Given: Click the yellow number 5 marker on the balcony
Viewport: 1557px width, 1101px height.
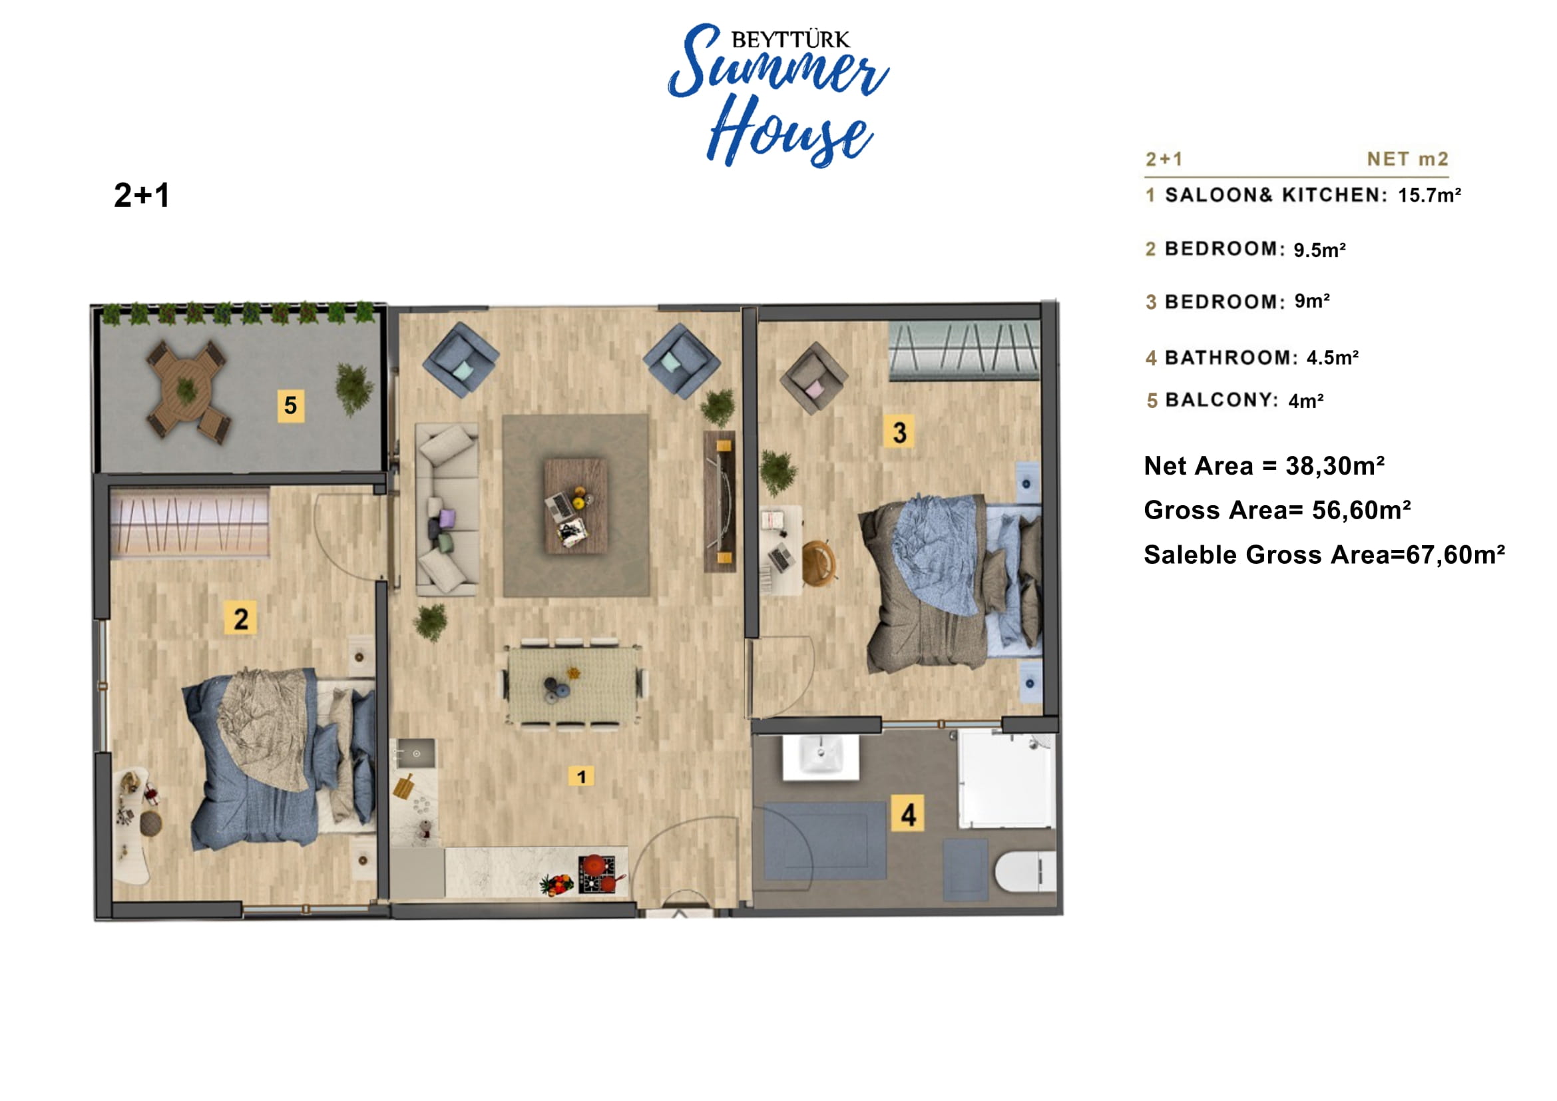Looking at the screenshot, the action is click(291, 405).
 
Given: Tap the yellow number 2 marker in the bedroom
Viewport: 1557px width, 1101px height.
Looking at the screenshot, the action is click(241, 618).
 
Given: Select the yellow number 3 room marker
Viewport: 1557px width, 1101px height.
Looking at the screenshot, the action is click(899, 432).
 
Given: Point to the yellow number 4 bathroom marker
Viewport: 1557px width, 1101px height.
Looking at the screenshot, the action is click(909, 814).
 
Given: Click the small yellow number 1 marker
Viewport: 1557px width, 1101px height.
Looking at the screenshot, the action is click(581, 776).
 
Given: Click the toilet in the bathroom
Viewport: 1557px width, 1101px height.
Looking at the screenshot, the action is click(1025, 872).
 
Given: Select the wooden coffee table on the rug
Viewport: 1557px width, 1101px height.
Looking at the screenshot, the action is click(576, 506).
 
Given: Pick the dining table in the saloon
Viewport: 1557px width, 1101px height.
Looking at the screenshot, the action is click(574, 685).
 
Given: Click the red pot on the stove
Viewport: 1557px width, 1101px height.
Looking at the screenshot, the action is click(594, 865).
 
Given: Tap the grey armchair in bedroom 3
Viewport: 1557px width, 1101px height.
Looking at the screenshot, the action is click(813, 378).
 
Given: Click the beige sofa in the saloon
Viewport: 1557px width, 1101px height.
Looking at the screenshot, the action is click(447, 509).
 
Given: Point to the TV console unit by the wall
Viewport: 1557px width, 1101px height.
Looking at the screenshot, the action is click(720, 502).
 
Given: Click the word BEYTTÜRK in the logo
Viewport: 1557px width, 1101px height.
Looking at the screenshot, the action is click(790, 40).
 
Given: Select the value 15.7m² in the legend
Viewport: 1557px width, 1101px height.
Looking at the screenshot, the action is click(1429, 195).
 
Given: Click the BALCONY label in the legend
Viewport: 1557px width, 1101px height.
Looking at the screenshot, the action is click(1222, 400).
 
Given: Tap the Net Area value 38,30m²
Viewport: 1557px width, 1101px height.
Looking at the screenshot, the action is click(1335, 466).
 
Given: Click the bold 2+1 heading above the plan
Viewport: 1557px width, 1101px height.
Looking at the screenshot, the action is click(142, 195).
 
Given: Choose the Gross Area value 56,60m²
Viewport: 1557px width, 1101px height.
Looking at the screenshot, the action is click(1361, 510).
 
